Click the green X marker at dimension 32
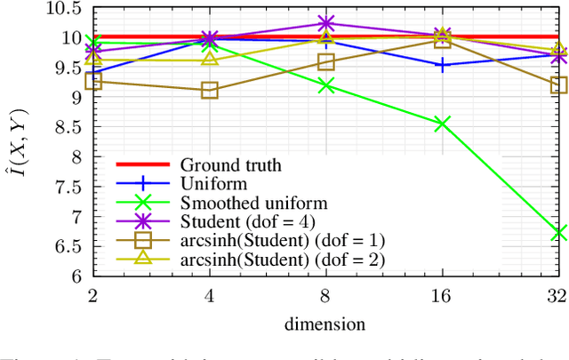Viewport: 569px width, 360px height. pos(558,232)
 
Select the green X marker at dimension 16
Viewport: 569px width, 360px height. pos(442,124)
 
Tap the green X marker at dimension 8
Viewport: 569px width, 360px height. pos(325,85)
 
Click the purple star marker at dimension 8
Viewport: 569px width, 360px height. pos(325,23)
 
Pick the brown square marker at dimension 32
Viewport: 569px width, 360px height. pos(558,85)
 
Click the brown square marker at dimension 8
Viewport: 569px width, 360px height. pos(325,61)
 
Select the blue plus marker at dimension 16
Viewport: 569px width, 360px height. pos(442,65)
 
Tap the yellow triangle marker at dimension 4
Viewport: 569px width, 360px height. pos(209,58)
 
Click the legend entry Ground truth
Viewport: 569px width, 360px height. pos(230,164)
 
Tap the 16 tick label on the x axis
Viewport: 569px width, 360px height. pos(442,294)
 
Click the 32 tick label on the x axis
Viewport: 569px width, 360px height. pos(557,294)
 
